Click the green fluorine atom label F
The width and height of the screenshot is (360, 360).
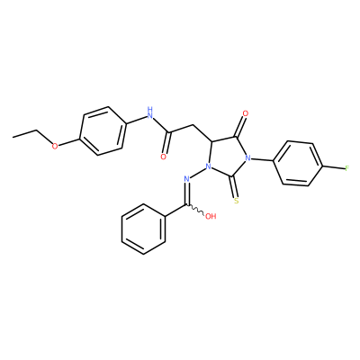[x=347, y=168]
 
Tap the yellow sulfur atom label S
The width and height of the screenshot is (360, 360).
[x=237, y=201]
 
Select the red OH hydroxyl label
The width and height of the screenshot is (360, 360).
[x=211, y=216]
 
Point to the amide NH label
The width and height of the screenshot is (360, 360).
[x=150, y=112]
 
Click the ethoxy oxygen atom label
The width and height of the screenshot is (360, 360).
[x=55, y=147]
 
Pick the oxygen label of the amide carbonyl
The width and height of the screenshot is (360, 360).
[x=164, y=157]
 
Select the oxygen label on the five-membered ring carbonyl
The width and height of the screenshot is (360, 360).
[x=246, y=113]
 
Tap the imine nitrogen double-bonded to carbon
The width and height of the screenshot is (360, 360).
[x=186, y=179]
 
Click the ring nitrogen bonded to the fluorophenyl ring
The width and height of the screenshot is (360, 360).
[x=247, y=157]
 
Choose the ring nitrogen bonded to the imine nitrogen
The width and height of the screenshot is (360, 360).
[x=207, y=166]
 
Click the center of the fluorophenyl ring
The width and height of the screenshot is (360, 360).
[x=297, y=164]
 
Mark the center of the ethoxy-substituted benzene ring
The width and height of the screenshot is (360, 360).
[x=102, y=130]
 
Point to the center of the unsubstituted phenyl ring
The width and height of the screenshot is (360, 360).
[x=143, y=229]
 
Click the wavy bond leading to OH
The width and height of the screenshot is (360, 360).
[x=196, y=210]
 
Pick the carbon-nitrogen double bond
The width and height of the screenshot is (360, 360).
[x=187, y=193]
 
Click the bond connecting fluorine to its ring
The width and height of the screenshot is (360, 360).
[x=333, y=166]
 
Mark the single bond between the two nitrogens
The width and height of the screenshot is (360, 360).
[x=197, y=173]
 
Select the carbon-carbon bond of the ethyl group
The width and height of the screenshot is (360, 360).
[x=25, y=134]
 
